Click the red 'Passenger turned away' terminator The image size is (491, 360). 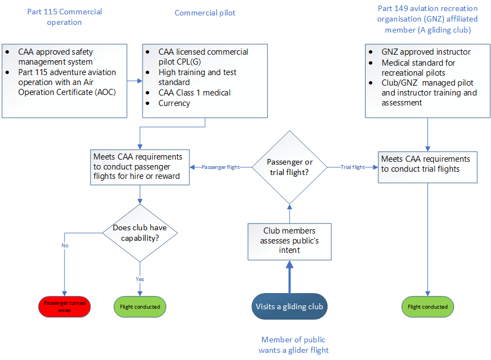click(x=65, y=306)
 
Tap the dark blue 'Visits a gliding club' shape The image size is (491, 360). click(x=289, y=306)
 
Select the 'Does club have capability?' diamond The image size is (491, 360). click(x=140, y=232)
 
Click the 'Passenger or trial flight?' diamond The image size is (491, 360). click(x=289, y=167)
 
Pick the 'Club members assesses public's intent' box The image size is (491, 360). click(x=289, y=241)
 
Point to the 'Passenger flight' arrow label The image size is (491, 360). click(x=220, y=167)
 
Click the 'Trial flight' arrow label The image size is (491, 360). click(x=353, y=167)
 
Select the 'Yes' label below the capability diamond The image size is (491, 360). click(x=140, y=279)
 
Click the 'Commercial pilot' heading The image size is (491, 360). click(x=205, y=13)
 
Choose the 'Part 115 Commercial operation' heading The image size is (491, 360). click(x=65, y=17)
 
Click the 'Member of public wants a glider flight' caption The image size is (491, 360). click(x=294, y=345)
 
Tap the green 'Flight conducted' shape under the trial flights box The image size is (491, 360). click(x=427, y=306)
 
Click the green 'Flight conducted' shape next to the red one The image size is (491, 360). click(x=140, y=306)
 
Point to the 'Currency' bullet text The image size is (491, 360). click(x=174, y=103)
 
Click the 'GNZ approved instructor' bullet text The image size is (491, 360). click(x=426, y=52)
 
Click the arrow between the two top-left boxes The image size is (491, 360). click(x=135, y=81)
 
